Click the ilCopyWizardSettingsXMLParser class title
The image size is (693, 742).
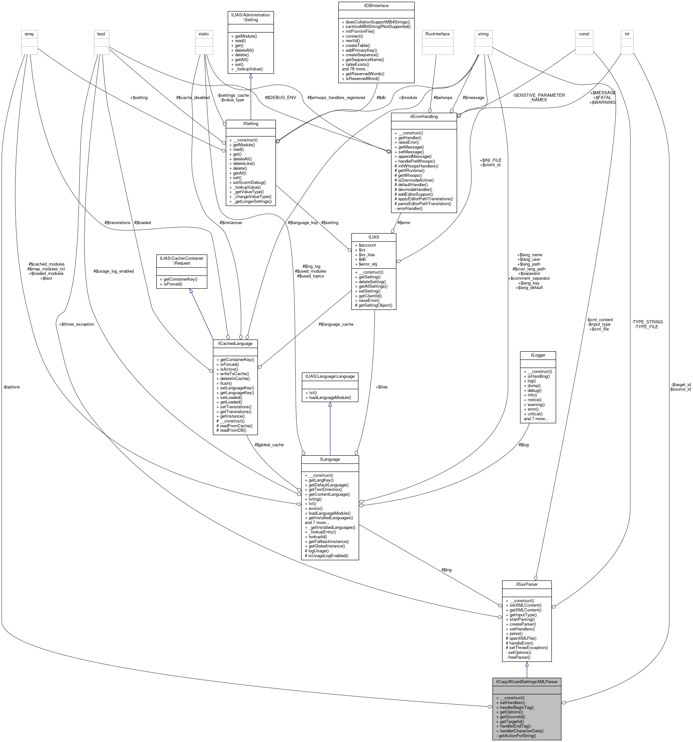(526, 682)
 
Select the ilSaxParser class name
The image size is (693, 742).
(526, 584)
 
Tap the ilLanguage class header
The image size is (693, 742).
(330, 459)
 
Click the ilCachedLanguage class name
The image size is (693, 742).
(235, 343)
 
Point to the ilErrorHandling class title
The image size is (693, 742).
(424, 116)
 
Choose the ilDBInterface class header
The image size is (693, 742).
(376, 5)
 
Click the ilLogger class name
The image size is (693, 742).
(538, 355)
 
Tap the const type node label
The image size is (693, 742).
(584, 34)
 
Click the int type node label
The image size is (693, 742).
(627, 34)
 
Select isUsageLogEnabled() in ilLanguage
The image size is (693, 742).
(326, 556)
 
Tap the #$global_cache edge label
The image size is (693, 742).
(269, 445)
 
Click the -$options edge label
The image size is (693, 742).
(11, 387)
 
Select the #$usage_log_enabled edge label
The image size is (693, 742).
(114, 271)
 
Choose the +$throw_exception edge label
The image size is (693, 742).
(77, 324)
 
